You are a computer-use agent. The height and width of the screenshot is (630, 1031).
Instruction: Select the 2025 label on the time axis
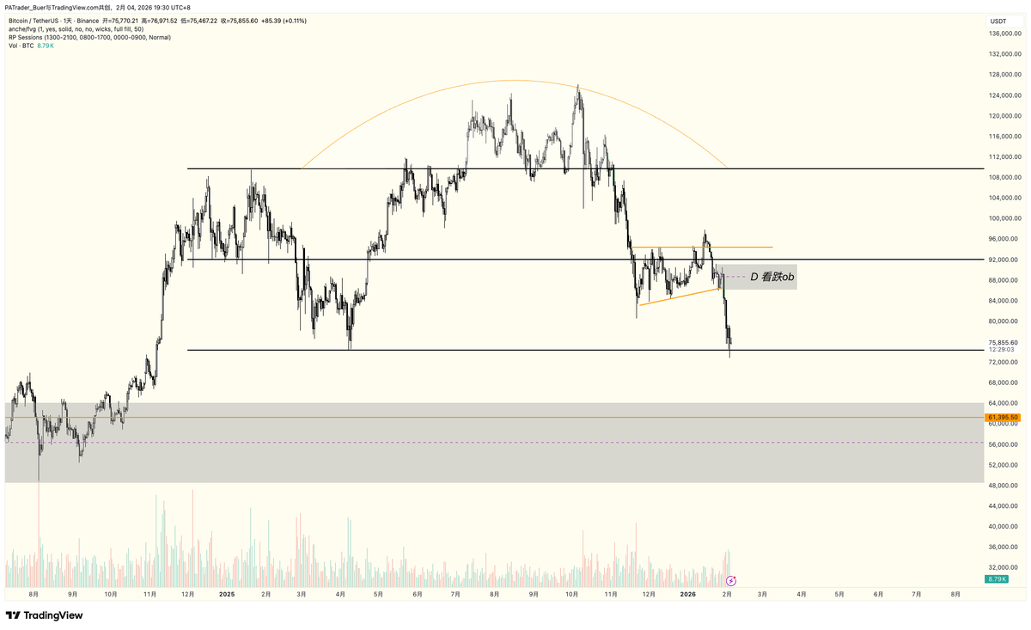[227, 594]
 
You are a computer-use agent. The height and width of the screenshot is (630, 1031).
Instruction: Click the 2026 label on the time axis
[688, 594]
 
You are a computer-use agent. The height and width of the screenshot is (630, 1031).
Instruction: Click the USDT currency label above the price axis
[998, 21]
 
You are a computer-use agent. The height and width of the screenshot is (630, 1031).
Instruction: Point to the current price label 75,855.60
[1003, 342]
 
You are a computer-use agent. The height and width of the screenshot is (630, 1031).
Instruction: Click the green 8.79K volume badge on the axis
[997, 580]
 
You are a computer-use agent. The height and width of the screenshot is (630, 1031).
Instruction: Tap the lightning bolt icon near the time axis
[731, 581]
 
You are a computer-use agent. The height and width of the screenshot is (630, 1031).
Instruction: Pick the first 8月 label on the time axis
[34, 594]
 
